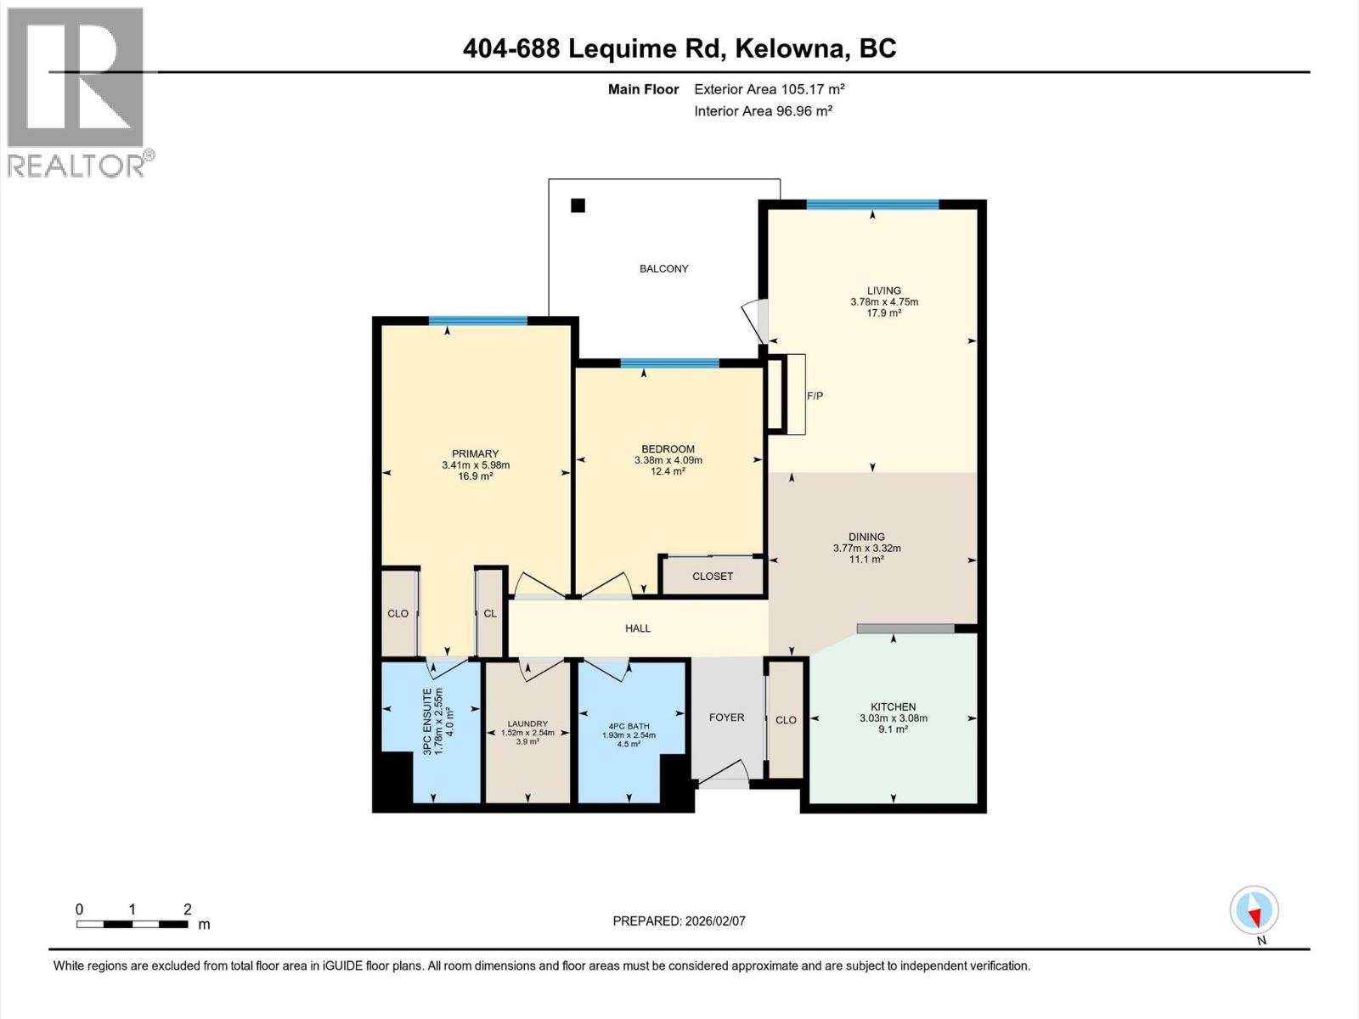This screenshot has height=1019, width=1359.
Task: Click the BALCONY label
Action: click(663, 268)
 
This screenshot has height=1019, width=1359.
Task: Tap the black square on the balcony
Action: click(578, 205)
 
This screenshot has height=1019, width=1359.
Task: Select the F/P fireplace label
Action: click(814, 396)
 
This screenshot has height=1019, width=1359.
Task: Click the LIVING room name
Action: click(883, 290)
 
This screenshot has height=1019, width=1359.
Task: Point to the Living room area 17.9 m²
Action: click(883, 312)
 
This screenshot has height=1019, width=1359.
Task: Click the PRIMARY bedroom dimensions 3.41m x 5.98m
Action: click(475, 465)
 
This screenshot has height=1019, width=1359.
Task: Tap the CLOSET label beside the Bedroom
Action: click(712, 576)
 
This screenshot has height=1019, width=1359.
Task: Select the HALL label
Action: click(637, 628)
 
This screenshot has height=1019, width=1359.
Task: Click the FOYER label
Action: click(726, 718)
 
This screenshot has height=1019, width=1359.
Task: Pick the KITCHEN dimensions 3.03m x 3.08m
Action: click(893, 718)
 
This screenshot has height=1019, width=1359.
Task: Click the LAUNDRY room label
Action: click(527, 723)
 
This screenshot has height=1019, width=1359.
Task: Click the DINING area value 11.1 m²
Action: click(866, 559)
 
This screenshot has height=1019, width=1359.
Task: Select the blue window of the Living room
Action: click(872, 204)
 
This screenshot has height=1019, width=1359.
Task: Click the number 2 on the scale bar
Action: click(187, 909)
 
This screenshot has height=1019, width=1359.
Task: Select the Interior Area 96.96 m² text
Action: click(762, 110)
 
